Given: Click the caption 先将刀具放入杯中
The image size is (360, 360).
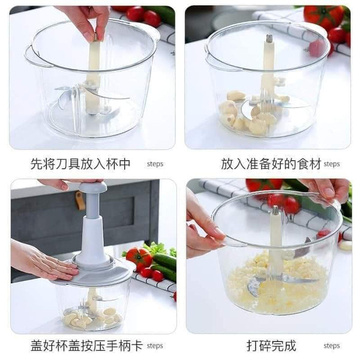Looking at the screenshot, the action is coord(80,164).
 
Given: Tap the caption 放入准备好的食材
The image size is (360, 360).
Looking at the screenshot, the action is coord(271,164).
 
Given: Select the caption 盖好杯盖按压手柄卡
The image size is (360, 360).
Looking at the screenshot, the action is coord(86,346).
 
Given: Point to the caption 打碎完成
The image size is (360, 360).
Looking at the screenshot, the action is coord(271,346).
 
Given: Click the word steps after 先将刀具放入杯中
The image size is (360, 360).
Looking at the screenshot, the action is coord(155,164).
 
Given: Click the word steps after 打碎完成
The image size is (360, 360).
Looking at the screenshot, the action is coord(332,346).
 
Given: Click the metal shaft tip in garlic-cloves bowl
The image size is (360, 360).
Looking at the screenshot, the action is coord(269,38).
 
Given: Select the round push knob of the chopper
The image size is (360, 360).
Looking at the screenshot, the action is coord(93,187).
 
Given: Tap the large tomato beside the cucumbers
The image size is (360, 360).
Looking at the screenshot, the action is coord(139,257).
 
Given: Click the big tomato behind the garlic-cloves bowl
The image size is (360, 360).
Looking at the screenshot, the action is coord(324,17).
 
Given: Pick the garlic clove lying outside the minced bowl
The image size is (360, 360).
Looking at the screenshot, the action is coord(346,245).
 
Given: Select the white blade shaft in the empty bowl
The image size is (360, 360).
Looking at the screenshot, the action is coord(94,76).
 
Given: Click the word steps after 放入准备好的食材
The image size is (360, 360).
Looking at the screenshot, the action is coord(332,164).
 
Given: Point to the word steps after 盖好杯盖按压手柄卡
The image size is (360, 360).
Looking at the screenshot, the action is coord(155,346).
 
